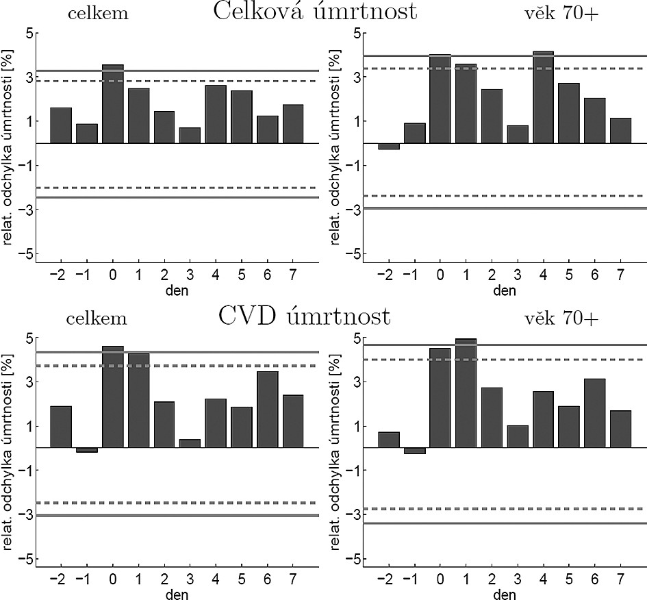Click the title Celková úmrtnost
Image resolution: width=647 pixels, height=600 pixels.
pos(315,12)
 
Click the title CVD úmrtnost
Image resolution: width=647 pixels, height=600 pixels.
pos(305,316)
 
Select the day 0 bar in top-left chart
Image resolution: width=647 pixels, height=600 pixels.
pos(112,104)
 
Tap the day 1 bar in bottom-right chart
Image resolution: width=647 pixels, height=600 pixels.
pos(466,393)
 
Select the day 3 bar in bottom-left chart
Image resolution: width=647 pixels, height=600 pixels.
pos(190,443)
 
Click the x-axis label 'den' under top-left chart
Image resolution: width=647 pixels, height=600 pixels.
pos(171,290)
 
